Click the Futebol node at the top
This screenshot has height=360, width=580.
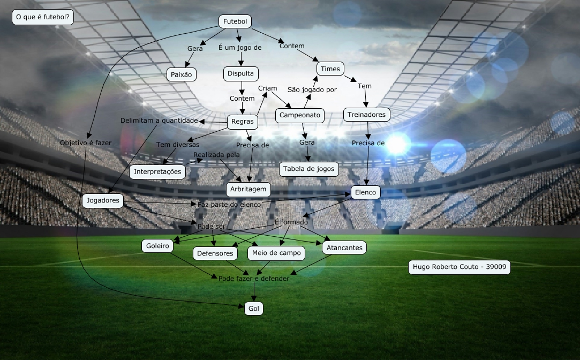tap(235, 21)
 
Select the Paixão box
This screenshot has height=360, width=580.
tap(181, 74)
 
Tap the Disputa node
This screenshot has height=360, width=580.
tap(241, 73)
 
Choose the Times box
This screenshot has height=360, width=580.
tap(330, 69)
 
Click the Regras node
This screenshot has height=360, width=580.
tap(243, 122)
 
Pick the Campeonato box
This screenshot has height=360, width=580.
tap(300, 115)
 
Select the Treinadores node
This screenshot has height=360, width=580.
tap(366, 115)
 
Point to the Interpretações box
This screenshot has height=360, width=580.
tap(158, 172)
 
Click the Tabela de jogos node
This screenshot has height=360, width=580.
tap(309, 169)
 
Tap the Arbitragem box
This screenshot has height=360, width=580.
tap(248, 189)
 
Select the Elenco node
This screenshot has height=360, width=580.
tap(366, 192)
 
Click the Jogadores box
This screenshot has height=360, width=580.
tap(103, 201)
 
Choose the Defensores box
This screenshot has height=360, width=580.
tap(215, 253)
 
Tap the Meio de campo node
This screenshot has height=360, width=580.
tap(276, 253)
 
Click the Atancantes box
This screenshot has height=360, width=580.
tap(344, 247)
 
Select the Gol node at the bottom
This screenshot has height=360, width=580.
tap(254, 309)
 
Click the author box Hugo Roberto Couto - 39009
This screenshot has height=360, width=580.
tap(459, 267)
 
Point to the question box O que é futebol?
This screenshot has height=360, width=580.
tap(43, 18)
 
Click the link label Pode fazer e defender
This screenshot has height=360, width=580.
tap(254, 279)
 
